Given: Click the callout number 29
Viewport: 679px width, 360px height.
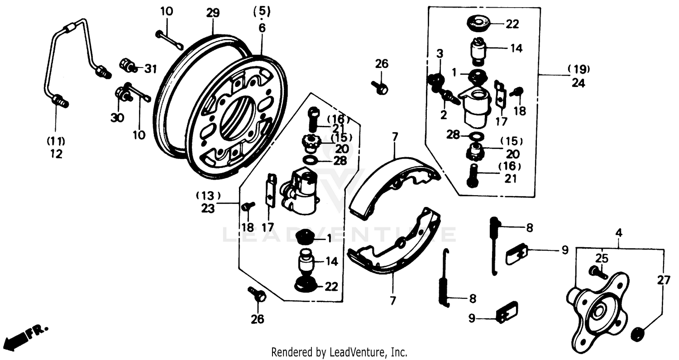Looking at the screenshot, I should click(213, 13).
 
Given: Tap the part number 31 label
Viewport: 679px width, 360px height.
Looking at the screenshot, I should click(150, 69).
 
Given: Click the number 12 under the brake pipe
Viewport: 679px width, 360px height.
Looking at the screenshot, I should click(56, 154).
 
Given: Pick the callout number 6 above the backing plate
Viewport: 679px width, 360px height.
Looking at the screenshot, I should click(263, 28).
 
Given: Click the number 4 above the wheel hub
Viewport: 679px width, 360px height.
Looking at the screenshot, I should click(619, 234).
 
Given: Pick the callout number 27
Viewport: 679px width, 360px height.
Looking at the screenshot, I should click(664, 280).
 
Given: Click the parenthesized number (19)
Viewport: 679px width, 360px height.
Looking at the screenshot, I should click(579, 69).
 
